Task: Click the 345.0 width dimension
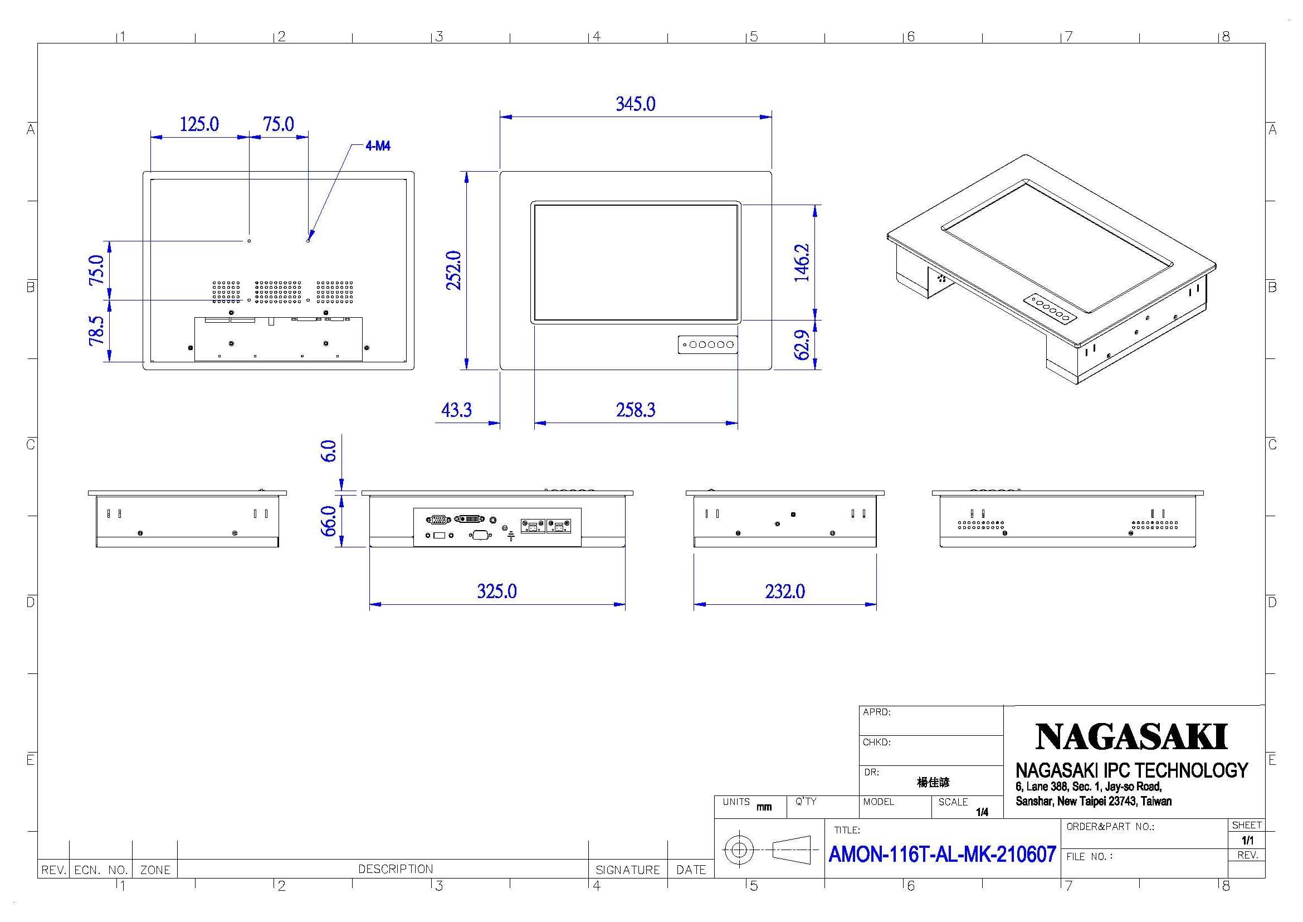[x=635, y=104]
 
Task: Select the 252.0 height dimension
[x=453, y=270]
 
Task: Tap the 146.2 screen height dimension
[x=801, y=263]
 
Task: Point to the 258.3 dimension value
[x=636, y=409]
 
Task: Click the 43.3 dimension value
[x=456, y=409]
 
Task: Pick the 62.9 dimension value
[x=801, y=344]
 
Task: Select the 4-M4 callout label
[x=378, y=146]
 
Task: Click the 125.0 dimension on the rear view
[x=199, y=124]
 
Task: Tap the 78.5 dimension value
[x=97, y=331]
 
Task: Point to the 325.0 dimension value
[x=496, y=591]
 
